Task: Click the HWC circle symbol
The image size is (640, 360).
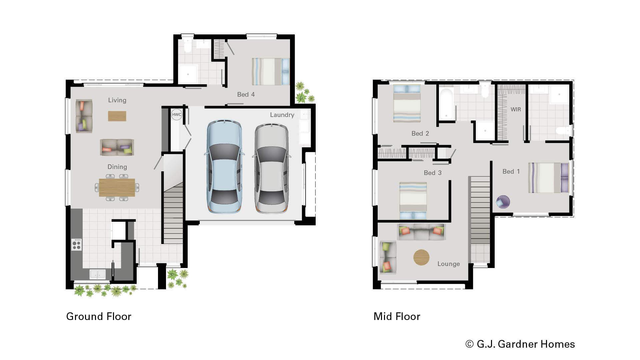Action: [176, 115]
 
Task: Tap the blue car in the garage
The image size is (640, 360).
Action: [224, 167]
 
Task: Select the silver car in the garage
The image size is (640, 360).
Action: [272, 169]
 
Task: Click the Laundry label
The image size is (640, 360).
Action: [282, 115]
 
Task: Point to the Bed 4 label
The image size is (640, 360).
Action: [246, 95]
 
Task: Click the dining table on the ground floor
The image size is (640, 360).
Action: [117, 188]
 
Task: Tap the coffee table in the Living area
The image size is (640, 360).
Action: [117, 116]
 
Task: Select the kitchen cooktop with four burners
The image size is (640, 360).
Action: [77, 245]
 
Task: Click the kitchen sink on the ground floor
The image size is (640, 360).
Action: [98, 274]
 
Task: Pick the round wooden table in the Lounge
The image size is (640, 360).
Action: [421, 257]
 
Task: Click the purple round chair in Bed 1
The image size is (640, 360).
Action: [503, 202]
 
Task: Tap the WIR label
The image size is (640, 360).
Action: [515, 109]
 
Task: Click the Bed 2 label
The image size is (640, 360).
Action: [420, 134]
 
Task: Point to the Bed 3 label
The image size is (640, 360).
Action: [432, 173]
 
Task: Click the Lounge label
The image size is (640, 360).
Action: [448, 264]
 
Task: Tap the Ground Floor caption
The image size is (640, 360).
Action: [99, 316]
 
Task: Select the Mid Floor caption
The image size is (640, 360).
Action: [397, 316]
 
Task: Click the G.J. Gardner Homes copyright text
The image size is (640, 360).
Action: [520, 344]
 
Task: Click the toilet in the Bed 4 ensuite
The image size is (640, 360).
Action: [188, 47]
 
